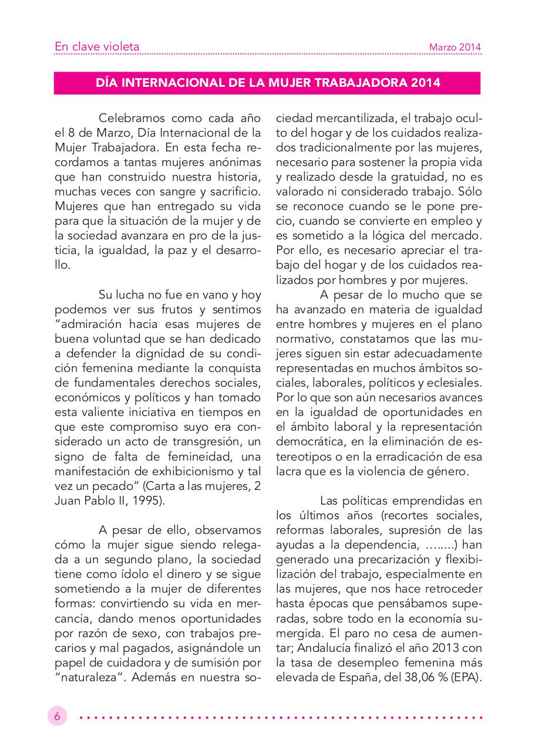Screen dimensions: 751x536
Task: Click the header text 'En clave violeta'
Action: coord(96,46)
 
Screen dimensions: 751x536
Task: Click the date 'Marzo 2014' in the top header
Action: coord(454,47)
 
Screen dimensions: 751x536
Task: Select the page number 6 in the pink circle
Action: coord(58,716)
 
